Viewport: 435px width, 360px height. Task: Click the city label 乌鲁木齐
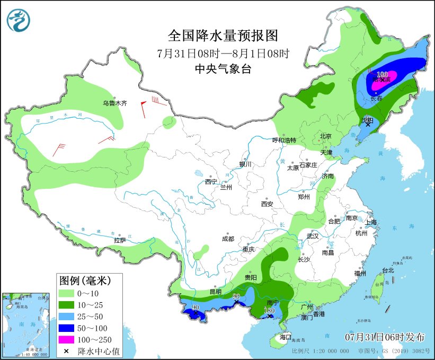(x=115, y=103)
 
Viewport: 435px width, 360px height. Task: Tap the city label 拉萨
(x=120, y=240)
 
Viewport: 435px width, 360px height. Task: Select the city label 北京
(x=325, y=136)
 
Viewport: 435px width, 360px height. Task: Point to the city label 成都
(x=228, y=239)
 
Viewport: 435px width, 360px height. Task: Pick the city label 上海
(x=370, y=222)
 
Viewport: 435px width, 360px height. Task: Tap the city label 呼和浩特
(x=285, y=141)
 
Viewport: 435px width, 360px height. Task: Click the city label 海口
(x=286, y=337)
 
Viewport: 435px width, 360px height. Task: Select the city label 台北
(x=388, y=270)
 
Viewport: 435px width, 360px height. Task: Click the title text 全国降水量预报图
(x=223, y=36)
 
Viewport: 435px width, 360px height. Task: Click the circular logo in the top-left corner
(x=19, y=20)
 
